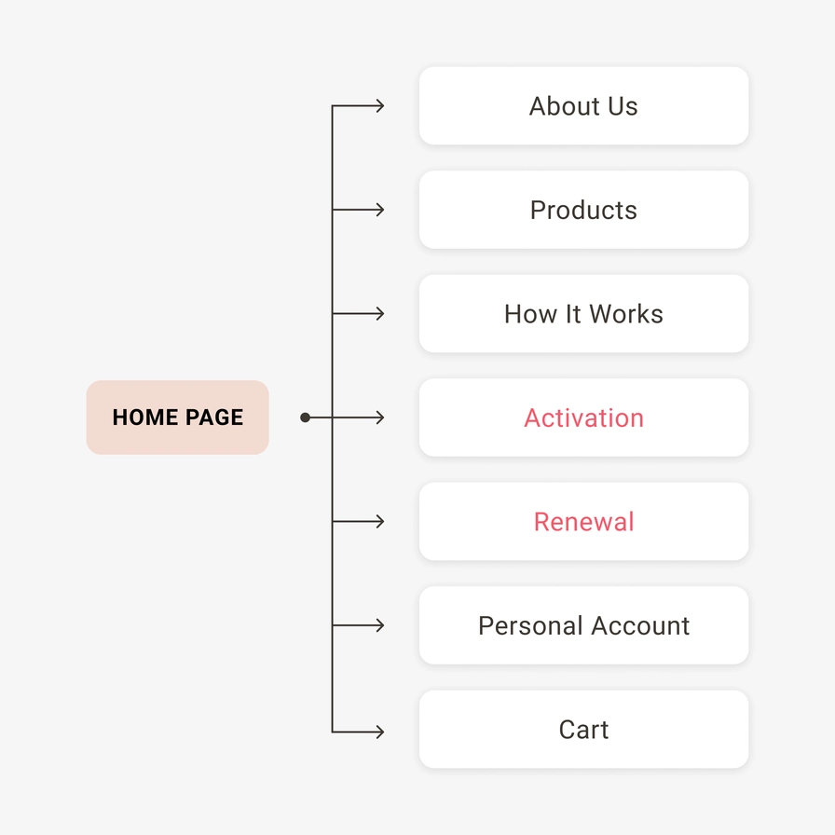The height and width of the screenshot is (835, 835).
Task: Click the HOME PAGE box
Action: pyautogui.click(x=177, y=417)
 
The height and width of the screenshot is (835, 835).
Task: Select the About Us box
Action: pyautogui.click(x=583, y=105)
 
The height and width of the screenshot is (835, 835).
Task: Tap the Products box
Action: pyautogui.click(x=583, y=210)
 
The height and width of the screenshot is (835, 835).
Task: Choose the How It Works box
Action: pyautogui.click(x=583, y=313)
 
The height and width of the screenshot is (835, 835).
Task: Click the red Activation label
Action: pyautogui.click(x=583, y=417)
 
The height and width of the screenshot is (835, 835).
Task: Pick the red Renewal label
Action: pyautogui.click(x=583, y=521)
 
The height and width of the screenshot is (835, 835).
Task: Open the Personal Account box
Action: pyautogui.click(x=583, y=625)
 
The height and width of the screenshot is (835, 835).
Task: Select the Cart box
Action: pyautogui.click(x=583, y=729)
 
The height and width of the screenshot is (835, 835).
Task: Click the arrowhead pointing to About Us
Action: pyautogui.click(x=380, y=106)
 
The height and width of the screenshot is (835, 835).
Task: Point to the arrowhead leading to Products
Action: pyautogui.click(x=380, y=210)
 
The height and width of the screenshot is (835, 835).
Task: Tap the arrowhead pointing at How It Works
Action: pyautogui.click(x=380, y=314)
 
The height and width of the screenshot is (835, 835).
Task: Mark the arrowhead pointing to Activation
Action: pyautogui.click(x=380, y=417)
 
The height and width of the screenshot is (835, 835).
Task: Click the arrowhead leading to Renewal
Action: pyautogui.click(x=380, y=521)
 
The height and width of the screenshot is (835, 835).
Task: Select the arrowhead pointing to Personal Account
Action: pyautogui.click(x=380, y=625)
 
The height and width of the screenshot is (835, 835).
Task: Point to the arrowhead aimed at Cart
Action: pyautogui.click(x=380, y=732)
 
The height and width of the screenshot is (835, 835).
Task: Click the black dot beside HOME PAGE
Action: pyautogui.click(x=305, y=417)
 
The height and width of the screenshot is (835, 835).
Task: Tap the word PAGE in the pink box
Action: pyautogui.click(x=214, y=417)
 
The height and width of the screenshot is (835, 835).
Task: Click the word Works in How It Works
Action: pyautogui.click(x=626, y=314)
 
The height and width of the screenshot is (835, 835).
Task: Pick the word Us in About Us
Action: pyautogui.click(x=623, y=106)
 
